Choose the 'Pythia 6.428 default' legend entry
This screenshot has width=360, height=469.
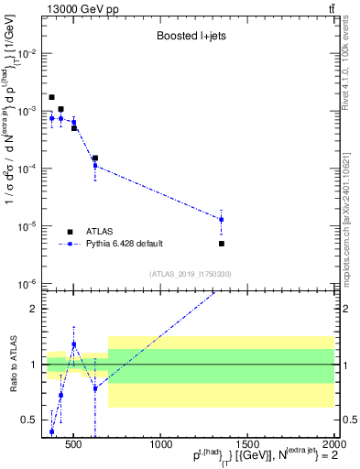point(124,244)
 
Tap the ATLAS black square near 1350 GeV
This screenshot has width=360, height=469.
point(222,244)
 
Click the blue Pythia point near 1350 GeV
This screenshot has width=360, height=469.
point(222,220)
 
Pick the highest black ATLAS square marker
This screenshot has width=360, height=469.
point(51,97)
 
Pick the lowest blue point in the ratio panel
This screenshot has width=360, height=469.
point(51,431)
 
